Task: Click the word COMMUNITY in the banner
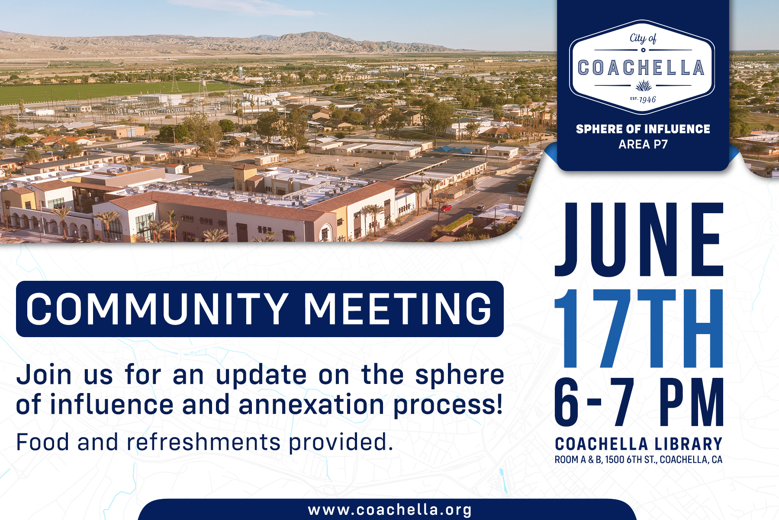157,309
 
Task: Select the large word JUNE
639,239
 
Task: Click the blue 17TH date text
639,328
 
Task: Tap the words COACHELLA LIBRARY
639,444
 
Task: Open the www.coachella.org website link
389,510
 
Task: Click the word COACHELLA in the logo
641,68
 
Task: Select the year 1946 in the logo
647,100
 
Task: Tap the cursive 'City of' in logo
643,38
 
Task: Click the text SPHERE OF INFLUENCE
643,129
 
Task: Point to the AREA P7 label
643,144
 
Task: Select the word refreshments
204,442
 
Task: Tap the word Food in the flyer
42,442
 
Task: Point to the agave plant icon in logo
643,85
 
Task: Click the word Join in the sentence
44,375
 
